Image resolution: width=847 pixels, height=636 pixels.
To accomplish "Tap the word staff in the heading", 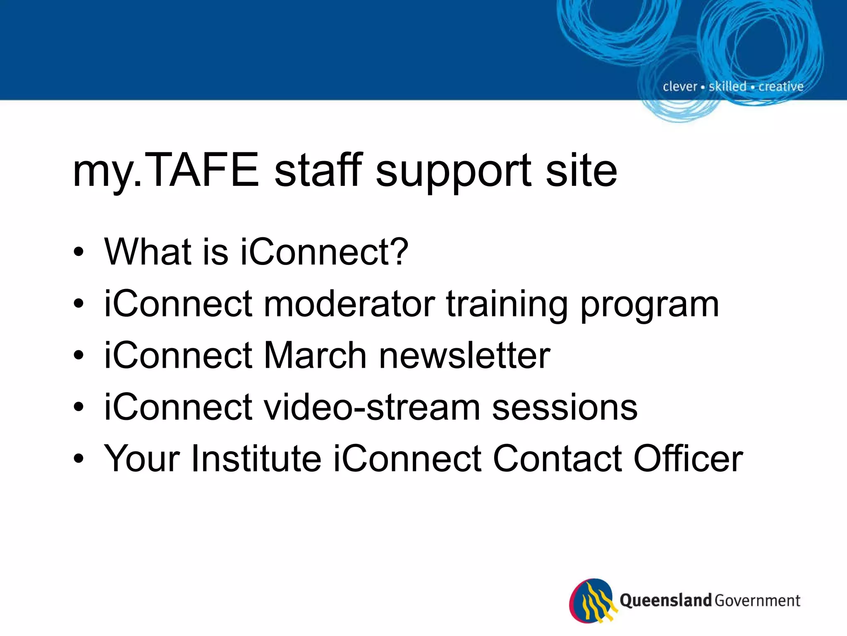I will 318,170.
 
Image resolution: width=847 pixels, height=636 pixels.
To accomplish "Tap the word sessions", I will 565,408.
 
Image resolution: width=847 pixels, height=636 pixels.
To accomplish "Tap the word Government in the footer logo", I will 757,600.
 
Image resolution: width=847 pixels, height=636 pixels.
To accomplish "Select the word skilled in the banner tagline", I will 727,87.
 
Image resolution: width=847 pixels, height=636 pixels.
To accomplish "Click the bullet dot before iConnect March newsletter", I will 79,356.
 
